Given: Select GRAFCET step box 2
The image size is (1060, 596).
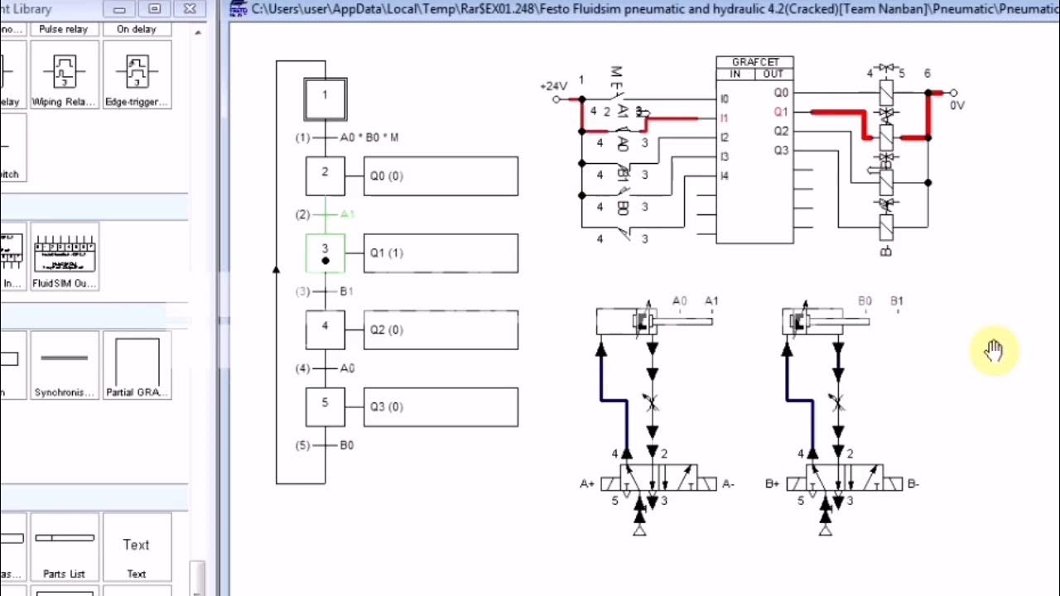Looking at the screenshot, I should click(325, 175).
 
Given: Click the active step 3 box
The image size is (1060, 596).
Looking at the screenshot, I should click(325, 252).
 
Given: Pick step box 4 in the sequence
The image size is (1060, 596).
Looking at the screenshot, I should click(325, 329).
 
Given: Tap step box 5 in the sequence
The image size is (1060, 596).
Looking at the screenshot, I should click(325, 406).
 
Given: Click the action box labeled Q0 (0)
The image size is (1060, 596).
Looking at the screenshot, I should click(441, 176).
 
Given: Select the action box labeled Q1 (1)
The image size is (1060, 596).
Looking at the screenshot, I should click(441, 253).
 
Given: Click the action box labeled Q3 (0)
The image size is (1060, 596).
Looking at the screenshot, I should click(441, 407).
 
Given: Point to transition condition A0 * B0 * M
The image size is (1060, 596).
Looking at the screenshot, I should click(369, 137).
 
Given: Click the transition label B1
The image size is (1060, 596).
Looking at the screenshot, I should click(346, 291).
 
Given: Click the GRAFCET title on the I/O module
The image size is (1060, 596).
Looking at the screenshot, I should click(754, 62).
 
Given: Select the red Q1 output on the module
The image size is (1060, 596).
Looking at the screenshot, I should click(781, 112).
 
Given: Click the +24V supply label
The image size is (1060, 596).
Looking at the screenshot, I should click(553, 86).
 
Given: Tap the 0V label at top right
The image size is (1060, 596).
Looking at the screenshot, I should click(957, 105).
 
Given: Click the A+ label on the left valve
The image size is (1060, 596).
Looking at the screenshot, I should click(587, 483).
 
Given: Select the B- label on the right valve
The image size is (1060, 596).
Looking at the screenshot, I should click(913, 483).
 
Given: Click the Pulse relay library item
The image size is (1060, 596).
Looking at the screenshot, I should click(64, 29).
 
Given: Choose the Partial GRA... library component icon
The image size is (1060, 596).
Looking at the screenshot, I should click(137, 364).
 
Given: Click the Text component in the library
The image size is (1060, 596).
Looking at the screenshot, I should click(136, 546).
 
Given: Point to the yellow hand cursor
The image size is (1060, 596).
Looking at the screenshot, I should click(994, 351).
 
